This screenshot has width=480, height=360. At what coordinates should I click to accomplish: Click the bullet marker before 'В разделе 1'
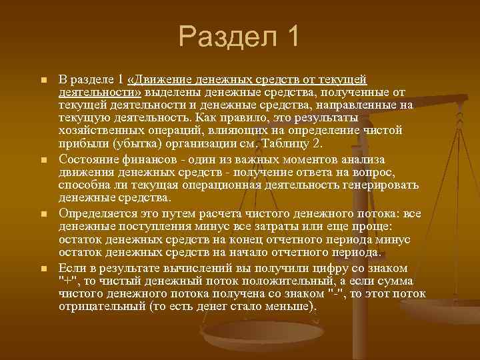tap(43, 81)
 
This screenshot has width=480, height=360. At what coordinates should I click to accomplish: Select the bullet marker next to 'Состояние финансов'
tap(43, 160)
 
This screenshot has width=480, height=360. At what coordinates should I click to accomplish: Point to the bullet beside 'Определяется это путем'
tap(43, 215)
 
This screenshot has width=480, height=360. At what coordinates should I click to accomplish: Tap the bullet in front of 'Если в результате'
tap(43, 269)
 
